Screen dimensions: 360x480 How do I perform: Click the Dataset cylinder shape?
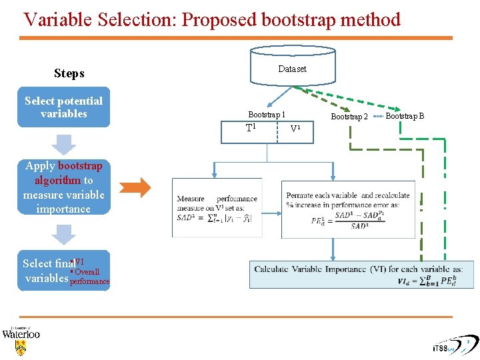click(292, 67)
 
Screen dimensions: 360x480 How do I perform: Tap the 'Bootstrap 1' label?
click(267, 115)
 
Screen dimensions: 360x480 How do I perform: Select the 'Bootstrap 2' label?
click(349, 117)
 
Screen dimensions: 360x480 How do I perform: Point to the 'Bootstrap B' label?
click(405, 116)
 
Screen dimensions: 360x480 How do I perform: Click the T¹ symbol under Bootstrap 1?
click(251, 128)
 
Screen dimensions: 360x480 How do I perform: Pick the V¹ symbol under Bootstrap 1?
click(295, 129)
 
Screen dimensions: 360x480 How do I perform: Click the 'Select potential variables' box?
click(63, 107)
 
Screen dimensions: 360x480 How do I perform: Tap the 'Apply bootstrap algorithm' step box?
click(63, 187)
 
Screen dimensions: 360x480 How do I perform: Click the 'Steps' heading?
click(69, 73)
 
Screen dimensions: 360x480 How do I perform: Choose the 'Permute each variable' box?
click(348, 208)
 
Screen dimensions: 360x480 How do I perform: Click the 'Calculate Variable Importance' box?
click(362, 275)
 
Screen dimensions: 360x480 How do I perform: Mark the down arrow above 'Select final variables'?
click(64, 234)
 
